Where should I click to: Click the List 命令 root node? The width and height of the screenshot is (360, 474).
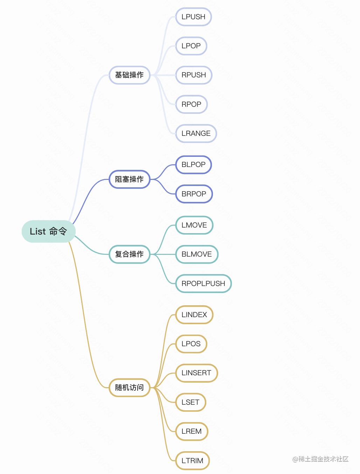click(x=48, y=231)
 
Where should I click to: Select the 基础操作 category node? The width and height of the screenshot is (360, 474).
click(x=130, y=75)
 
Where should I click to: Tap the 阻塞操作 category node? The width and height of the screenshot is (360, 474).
click(x=130, y=179)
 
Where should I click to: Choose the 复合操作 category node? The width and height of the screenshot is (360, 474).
click(x=130, y=254)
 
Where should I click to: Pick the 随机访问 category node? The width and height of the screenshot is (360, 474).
click(x=130, y=388)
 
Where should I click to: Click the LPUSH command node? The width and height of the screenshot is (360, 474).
click(x=193, y=17)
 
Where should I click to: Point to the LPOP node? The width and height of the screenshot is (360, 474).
click(x=191, y=46)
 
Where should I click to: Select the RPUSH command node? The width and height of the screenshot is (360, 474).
click(x=194, y=75)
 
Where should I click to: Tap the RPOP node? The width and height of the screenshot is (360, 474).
click(x=192, y=104)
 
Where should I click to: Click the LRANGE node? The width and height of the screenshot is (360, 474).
click(x=196, y=133)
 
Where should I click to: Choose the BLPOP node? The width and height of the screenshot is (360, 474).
click(x=194, y=165)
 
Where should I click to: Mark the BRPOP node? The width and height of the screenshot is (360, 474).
click(x=194, y=194)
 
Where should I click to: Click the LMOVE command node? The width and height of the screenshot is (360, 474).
click(x=194, y=225)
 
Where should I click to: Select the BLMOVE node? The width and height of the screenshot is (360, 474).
click(x=197, y=254)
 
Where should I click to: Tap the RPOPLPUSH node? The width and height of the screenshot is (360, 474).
click(x=203, y=284)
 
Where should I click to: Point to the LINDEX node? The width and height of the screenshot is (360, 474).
click(x=194, y=315)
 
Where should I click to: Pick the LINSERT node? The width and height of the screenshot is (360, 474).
click(x=196, y=373)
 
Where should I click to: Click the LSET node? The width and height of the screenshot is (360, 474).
click(x=191, y=402)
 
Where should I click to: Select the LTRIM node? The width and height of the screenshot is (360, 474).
click(x=192, y=461)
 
